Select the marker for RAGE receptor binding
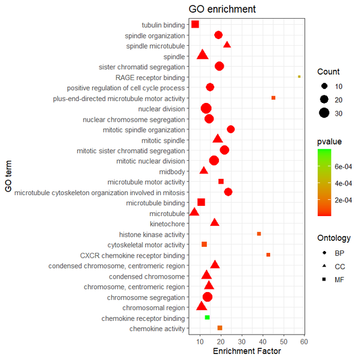tap(299, 76)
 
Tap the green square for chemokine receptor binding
tap(207, 317)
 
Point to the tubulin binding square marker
tap(195, 24)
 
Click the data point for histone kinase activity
tap(259, 234)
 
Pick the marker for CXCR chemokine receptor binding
tap(268, 255)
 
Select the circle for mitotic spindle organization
tap(230, 129)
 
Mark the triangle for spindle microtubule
tap(227, 45)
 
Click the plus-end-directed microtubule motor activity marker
tap(273, 98)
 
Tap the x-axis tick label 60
tap(304, 342)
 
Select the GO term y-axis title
tap(8, 176)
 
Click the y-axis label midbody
tap(173, 171)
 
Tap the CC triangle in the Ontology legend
tap(324, 265)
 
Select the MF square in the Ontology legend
tap(324, 279)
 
